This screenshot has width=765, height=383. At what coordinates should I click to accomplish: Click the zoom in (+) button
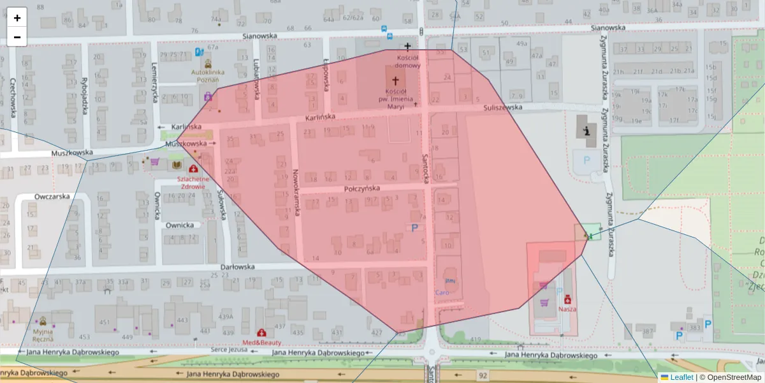click(17, 18)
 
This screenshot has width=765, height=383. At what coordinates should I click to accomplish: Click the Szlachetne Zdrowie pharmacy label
click(193, 183)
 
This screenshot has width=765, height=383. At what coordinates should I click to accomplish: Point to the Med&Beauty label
click(261, 342)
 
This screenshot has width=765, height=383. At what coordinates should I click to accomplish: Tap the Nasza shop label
click(567, 308)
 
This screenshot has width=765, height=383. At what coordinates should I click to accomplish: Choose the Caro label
click(442, 292)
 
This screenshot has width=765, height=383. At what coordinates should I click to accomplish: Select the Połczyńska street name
click(361, 189)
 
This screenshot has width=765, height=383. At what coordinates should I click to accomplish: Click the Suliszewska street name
click(502, 107)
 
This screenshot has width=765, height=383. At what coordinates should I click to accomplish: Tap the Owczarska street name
click(52, 197)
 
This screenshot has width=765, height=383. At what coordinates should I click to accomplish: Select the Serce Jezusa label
click(228, 350)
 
